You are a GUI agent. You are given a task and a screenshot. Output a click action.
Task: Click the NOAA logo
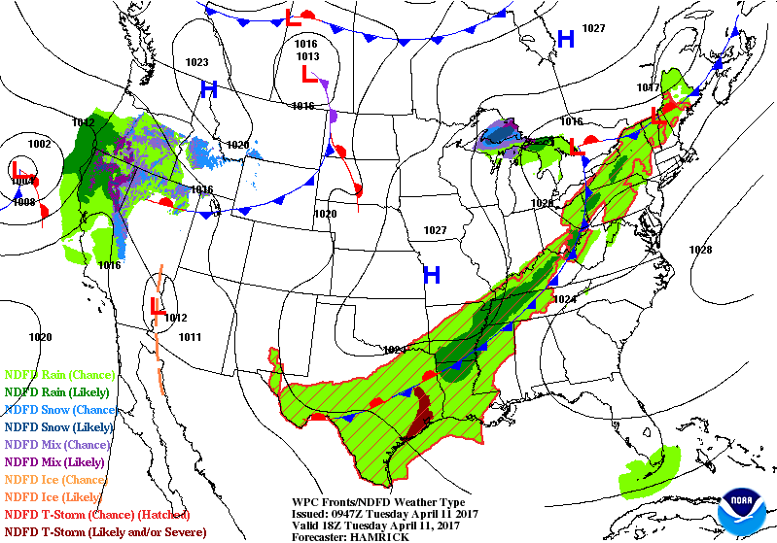click(x=742, y=507)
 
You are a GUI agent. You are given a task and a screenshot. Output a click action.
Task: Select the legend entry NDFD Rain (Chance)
click(x=60, y=374)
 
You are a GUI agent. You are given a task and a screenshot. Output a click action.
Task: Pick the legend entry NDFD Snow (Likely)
click(x=60, y=426)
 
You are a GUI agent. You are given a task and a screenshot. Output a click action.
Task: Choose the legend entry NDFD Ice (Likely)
click(x=56, y=496)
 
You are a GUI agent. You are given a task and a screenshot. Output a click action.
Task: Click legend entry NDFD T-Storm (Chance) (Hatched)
click(x=97, y=514)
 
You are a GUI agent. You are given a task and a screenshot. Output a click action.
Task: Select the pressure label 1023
click(x=196, y=62)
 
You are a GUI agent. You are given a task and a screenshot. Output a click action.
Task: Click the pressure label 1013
click(x=307, y=56)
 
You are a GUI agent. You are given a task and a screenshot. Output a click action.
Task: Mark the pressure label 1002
click(x=39, y=144)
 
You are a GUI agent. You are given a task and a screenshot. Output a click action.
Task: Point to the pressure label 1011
click(x=190, y=337)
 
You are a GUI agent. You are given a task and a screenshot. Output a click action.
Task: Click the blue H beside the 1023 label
click(x=208, y=89)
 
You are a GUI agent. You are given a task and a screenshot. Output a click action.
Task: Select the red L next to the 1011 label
click(x=156, y=308)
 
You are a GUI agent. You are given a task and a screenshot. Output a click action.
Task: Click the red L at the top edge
click(x=293, y=17)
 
